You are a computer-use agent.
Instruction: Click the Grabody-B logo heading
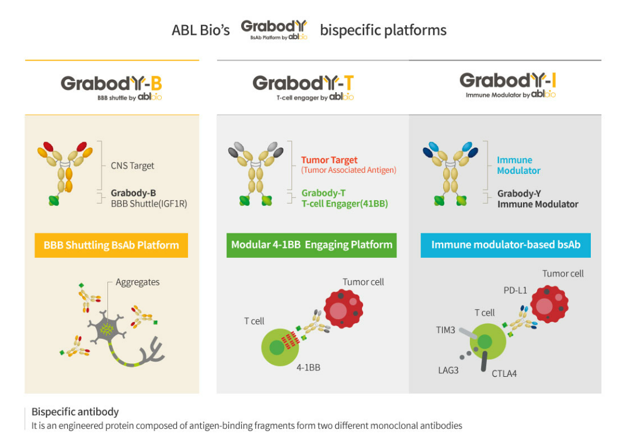point(112,86)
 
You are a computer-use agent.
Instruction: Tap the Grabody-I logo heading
point(507,83)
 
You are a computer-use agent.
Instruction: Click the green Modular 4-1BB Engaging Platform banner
point(312,245)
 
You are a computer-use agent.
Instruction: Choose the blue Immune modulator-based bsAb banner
point(506,245)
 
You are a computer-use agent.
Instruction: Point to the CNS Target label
point(133,166)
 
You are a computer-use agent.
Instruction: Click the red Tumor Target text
point(329,160)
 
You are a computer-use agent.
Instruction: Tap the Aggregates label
point(137,282)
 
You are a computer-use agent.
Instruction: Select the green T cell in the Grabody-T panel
point(280,346)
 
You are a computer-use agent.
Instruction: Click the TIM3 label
point(447,330)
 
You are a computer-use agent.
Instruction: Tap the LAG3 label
point(448,370)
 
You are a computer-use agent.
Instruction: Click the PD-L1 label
point(516,290)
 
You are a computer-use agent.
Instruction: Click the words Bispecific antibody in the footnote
point(75,412)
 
